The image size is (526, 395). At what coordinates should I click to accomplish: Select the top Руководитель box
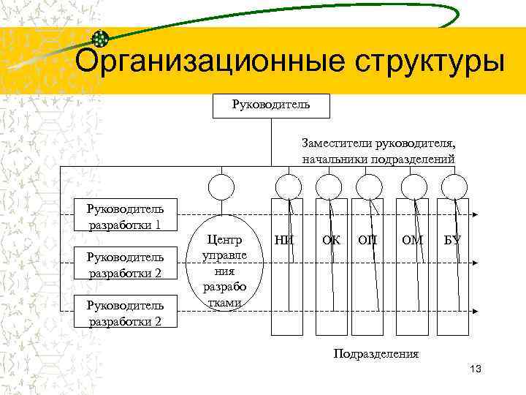[270, 105]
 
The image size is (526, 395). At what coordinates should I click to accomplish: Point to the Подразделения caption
[376, 354]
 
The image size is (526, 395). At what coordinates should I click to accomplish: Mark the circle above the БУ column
[454, 187]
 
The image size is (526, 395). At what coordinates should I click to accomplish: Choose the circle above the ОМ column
[415, 187]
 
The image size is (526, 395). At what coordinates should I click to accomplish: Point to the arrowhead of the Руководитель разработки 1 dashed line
[476, 215]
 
